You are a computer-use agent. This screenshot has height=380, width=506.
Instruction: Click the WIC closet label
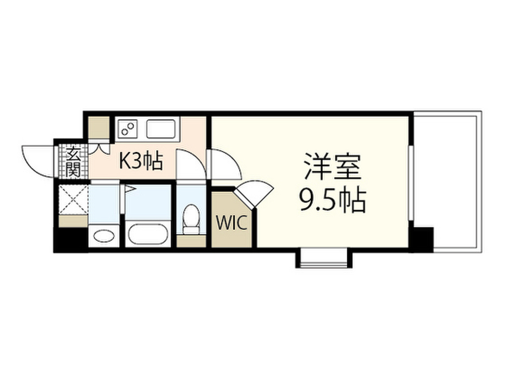tap(231, 223)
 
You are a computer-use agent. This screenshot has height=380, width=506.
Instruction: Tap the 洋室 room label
tap(333, 167)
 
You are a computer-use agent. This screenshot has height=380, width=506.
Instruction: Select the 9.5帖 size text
tap(333, 200)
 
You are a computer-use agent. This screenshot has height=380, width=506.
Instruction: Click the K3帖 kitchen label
tap(141, 161)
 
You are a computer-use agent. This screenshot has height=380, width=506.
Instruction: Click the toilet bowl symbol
tap(191, 219)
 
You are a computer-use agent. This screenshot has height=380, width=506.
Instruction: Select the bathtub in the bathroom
tap(148, 234)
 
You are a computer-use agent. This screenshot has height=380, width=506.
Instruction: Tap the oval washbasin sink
tap(104, 236)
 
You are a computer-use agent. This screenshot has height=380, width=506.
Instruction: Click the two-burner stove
tap(127, 129)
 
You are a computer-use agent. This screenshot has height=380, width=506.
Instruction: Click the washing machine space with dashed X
tap(74, 199)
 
